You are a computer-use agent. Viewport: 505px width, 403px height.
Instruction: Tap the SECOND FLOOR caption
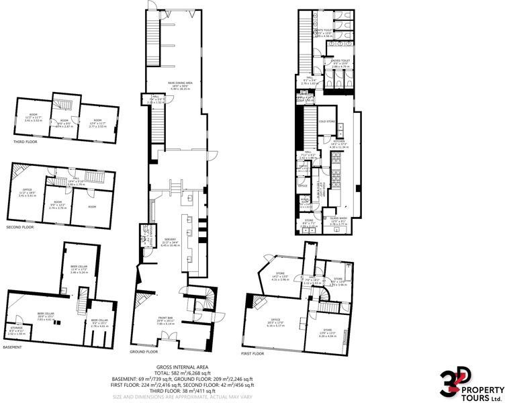28,227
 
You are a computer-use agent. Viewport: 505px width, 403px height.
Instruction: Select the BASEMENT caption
12,347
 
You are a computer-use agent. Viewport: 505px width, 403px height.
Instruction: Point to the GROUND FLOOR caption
144,351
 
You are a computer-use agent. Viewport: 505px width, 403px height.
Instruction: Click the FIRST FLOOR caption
252,353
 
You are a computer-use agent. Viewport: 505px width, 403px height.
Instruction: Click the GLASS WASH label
338,218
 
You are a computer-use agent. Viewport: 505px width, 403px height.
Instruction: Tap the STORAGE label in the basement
16,330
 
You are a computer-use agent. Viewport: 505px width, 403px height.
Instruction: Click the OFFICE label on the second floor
27,190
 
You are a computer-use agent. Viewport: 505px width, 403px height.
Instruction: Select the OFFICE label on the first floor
275,319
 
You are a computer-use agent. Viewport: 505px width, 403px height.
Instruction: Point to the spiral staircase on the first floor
325,296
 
